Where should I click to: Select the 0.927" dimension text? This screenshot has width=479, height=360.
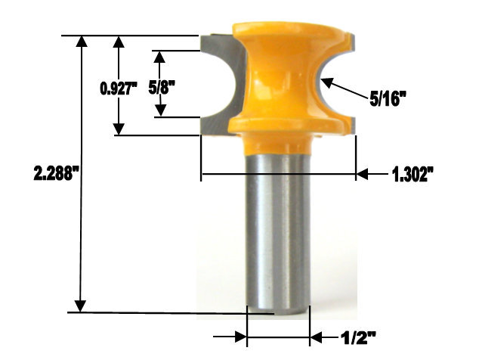coord(118,88)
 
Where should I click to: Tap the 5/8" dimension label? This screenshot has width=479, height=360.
coord(162,86)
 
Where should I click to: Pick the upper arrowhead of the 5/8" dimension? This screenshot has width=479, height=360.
coord(159,57)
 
